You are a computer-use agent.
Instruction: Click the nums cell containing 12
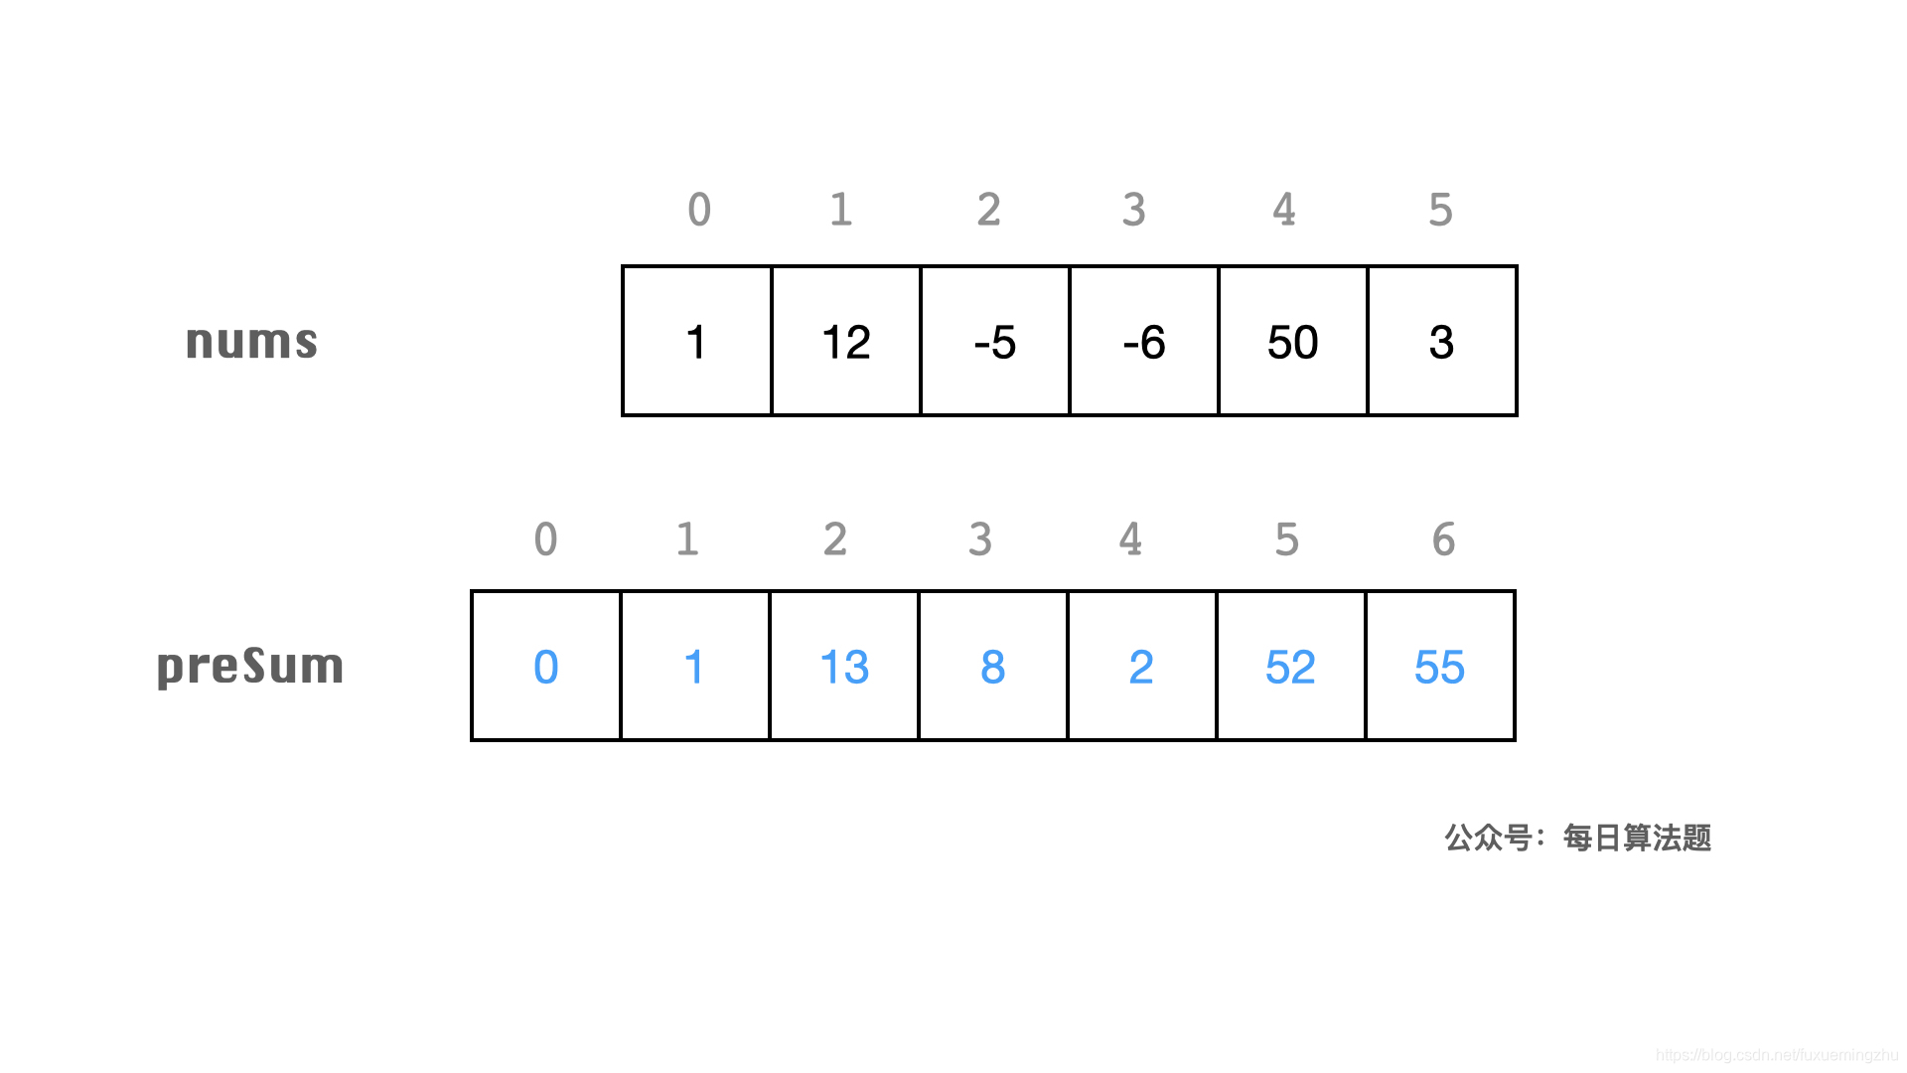846,341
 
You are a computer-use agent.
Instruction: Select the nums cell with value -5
995,341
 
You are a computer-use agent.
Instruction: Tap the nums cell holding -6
1144,341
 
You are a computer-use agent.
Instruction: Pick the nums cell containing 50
1293,341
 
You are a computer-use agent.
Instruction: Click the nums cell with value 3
1442,341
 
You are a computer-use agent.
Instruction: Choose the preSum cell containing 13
844,666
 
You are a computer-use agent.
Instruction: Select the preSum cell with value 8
993,666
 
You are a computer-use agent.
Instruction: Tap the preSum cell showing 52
1291,666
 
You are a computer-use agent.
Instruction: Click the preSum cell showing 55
1440,666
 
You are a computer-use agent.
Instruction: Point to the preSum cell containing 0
546,666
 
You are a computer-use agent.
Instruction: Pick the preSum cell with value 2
1142,666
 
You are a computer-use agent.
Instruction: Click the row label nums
251,341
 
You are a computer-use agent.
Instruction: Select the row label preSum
250,666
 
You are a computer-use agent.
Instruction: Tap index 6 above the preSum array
1443,539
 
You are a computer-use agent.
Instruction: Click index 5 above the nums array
1440,210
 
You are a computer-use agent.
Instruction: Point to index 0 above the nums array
699,210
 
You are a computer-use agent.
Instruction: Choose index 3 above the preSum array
980,539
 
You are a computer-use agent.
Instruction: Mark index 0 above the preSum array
545,539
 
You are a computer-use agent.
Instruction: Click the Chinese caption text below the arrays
1577,838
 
